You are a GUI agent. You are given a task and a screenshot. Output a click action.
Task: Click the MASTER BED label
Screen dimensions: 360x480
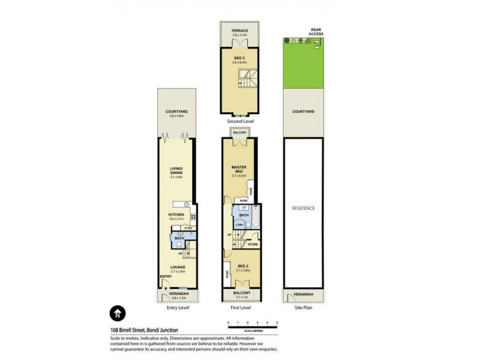[x=239, y=170]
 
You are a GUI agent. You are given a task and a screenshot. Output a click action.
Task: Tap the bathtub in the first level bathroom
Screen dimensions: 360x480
[x=254, y=217]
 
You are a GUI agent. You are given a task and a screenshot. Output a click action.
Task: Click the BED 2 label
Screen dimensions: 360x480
[x=242, y=266]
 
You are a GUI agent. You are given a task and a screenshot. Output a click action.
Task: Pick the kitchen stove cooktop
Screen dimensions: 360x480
[x=193, y=217]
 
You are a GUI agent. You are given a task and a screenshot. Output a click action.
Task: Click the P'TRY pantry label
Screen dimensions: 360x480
[x=187, y=228]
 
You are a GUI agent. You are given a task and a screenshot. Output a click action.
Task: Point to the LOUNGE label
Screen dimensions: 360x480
[x=177, y=268]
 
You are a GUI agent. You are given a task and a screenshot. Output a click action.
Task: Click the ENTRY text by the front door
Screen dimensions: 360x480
[x=165, y=277]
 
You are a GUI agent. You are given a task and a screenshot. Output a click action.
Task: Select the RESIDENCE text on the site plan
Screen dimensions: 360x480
[x=303, y=208]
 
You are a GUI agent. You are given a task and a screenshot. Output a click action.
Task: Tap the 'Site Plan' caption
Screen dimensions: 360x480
[x=303, y=308]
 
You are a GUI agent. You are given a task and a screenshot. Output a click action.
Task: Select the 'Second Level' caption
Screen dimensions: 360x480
[x=239, y=121]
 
